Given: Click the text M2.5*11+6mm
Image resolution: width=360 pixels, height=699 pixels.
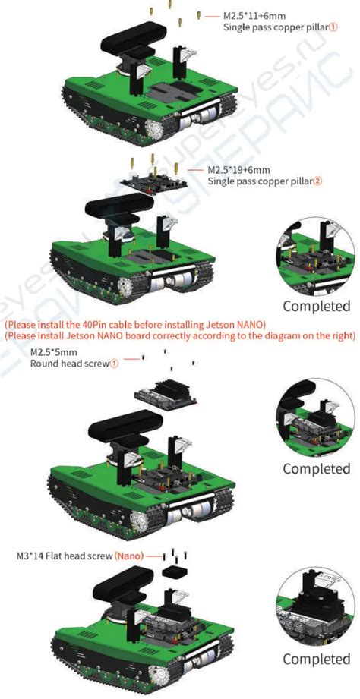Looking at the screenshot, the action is coord(254,17).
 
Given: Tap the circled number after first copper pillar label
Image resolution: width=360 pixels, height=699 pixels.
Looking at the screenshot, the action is coord(333,27).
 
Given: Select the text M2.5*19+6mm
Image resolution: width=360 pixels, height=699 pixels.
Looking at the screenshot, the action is coord(238,170).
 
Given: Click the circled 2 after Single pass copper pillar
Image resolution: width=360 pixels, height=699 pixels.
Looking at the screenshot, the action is coord(317,181).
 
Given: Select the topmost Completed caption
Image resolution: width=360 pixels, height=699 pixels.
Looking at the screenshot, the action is coord(317,307).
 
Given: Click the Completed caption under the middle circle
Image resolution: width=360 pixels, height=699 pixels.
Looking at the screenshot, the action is coord(317,469).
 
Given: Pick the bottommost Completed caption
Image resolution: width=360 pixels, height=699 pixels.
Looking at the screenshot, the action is coord(317,659).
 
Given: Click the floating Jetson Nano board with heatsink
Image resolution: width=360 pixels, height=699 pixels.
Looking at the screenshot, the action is coord(166,392).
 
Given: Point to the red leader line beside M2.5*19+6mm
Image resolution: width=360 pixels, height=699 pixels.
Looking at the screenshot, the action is coord(196,170).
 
